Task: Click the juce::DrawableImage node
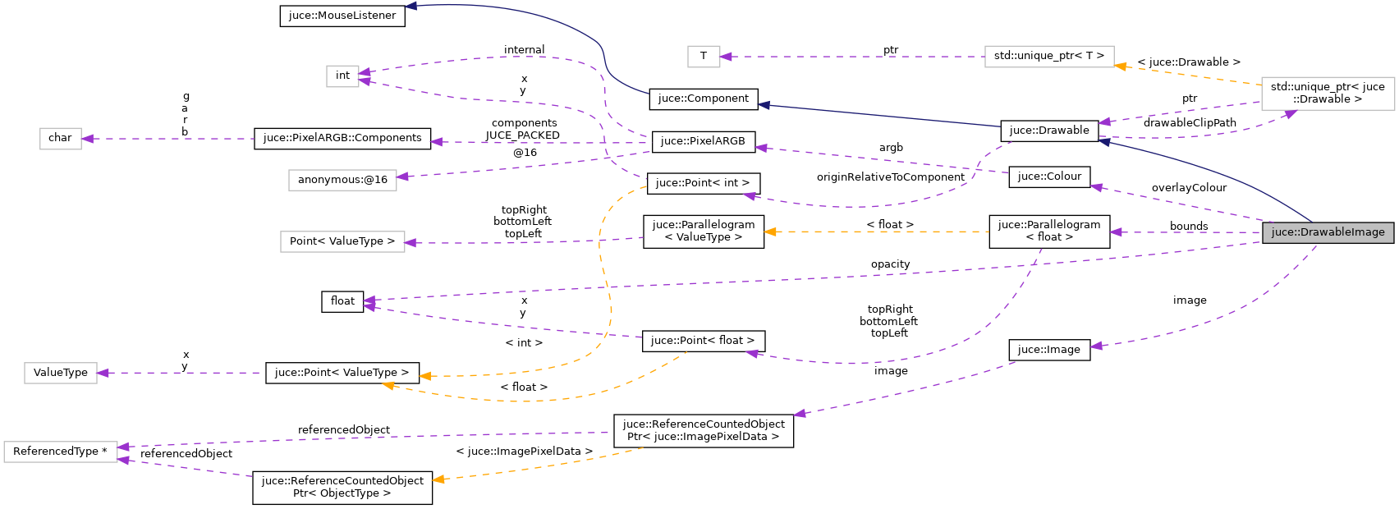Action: click(1328, 232)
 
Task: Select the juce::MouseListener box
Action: click(342, 16)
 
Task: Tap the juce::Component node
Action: click(703, 99)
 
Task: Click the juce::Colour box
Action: click(1049, 177)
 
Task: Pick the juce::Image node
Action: click(1048, 350)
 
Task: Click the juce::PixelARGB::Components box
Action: click(342, 138)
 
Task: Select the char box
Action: click(60, 138)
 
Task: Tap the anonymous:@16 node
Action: click(342, 180)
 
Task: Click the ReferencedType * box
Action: click(60, 452)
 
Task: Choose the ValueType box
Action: click(60, 373)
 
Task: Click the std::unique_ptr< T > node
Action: click(1048, 56)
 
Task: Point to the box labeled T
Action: click(703, 56)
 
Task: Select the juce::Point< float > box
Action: click(703, 341)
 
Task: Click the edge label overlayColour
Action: click(1189, 188)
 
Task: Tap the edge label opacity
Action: click(890, 264)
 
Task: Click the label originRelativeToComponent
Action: click(890, 177)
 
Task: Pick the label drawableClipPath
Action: click(1189, 123)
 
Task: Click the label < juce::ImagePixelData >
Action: click(524, 452)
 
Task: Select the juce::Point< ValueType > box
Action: click(342, 373)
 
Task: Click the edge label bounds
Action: click(1189, 227)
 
